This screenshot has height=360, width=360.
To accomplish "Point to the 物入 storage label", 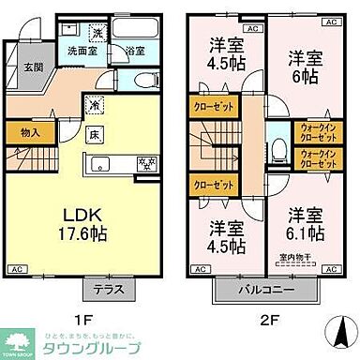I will [29, 132].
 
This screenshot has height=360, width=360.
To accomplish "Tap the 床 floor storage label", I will [96, 135].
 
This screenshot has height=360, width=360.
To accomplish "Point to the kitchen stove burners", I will [148, 166].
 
